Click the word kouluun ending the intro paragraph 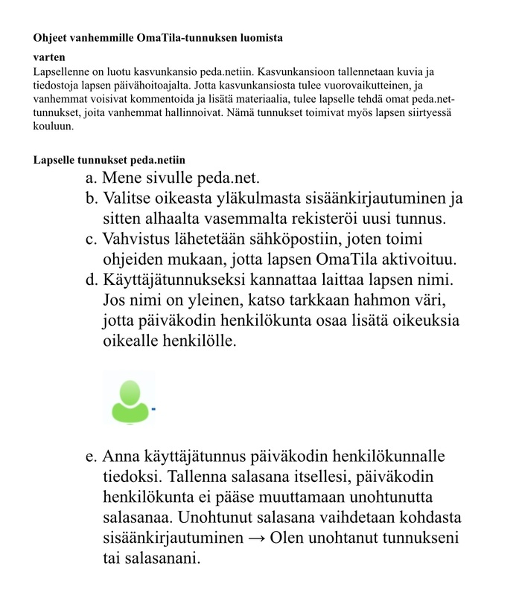pyautogui.click(x=53, y=126)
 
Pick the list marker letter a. pyautogui.click(x=92, y=179)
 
